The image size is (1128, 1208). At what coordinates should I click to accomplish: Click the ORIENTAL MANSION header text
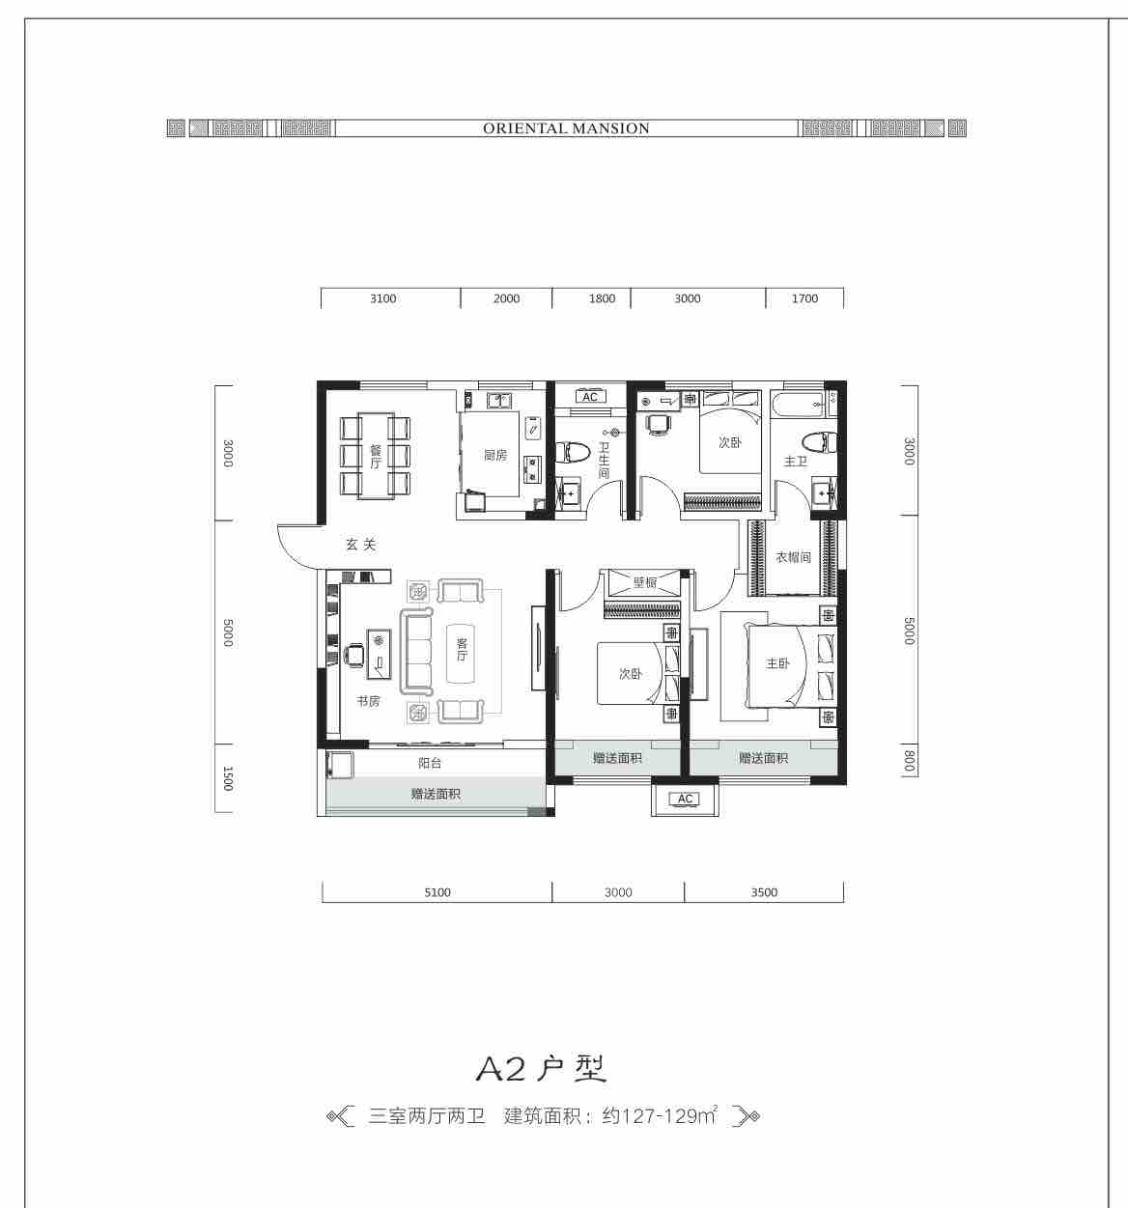pos(566,128)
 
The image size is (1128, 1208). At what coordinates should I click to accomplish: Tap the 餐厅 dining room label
pos(376,457)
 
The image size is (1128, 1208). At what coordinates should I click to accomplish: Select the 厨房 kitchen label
pos(495,455)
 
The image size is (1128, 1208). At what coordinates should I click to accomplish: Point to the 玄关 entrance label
pos(361,545)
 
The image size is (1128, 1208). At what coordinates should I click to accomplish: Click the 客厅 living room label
pos(462,649)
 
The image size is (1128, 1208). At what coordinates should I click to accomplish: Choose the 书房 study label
pos(368,701)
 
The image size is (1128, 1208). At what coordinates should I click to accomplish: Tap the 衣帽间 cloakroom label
pos(794,556)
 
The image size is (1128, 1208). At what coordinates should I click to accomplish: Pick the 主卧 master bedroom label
pos(777,663)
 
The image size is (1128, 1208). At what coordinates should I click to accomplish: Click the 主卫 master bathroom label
pos(795,461)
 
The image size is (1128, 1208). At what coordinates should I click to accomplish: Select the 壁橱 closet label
pos(645,582)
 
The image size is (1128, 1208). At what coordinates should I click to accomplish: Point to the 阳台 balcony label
pos(430,763)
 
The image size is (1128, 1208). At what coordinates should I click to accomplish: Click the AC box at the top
pos(590,397)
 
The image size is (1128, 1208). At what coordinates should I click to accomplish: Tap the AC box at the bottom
pos(685,799)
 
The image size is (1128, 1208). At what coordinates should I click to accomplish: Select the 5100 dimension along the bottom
pos(437,892)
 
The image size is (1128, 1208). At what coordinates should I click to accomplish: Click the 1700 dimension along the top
pos(804,298)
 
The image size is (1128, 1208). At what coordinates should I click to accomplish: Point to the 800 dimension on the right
pos(909,761)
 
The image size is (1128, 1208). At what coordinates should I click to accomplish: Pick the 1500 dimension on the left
pos(228,778)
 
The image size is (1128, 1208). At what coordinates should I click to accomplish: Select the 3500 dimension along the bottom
pos(764,892)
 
